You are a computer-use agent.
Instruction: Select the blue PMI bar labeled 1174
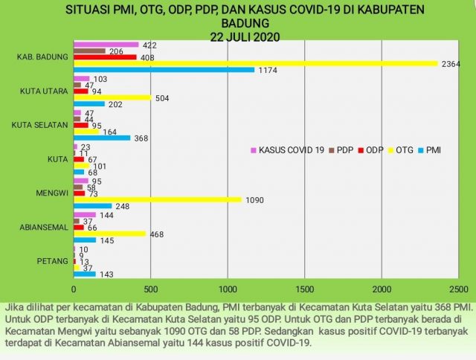pyautogui.click(x=164, y=70)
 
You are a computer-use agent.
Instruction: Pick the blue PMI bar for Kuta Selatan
pyautogui.click(x=102, y=138)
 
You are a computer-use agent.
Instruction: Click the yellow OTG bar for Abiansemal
pyautogui.click(x=109, y=234)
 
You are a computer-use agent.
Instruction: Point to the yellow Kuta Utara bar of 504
pyautogui.click(x=112, y=97)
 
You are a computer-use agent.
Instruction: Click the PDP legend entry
pyautogui.click(x=343, y=151)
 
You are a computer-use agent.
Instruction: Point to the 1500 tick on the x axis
pyautogui.click(x=305, y=289)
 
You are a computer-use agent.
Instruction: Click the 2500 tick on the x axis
pyautogui.click(x=459, y=289)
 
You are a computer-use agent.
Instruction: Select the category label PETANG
pyautogui.click(x=52, y=261)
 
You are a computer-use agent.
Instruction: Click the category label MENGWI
pyautogui.click(x=51, y=193)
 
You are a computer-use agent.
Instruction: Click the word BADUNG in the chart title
pyautogui.click(x=250, y=24)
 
